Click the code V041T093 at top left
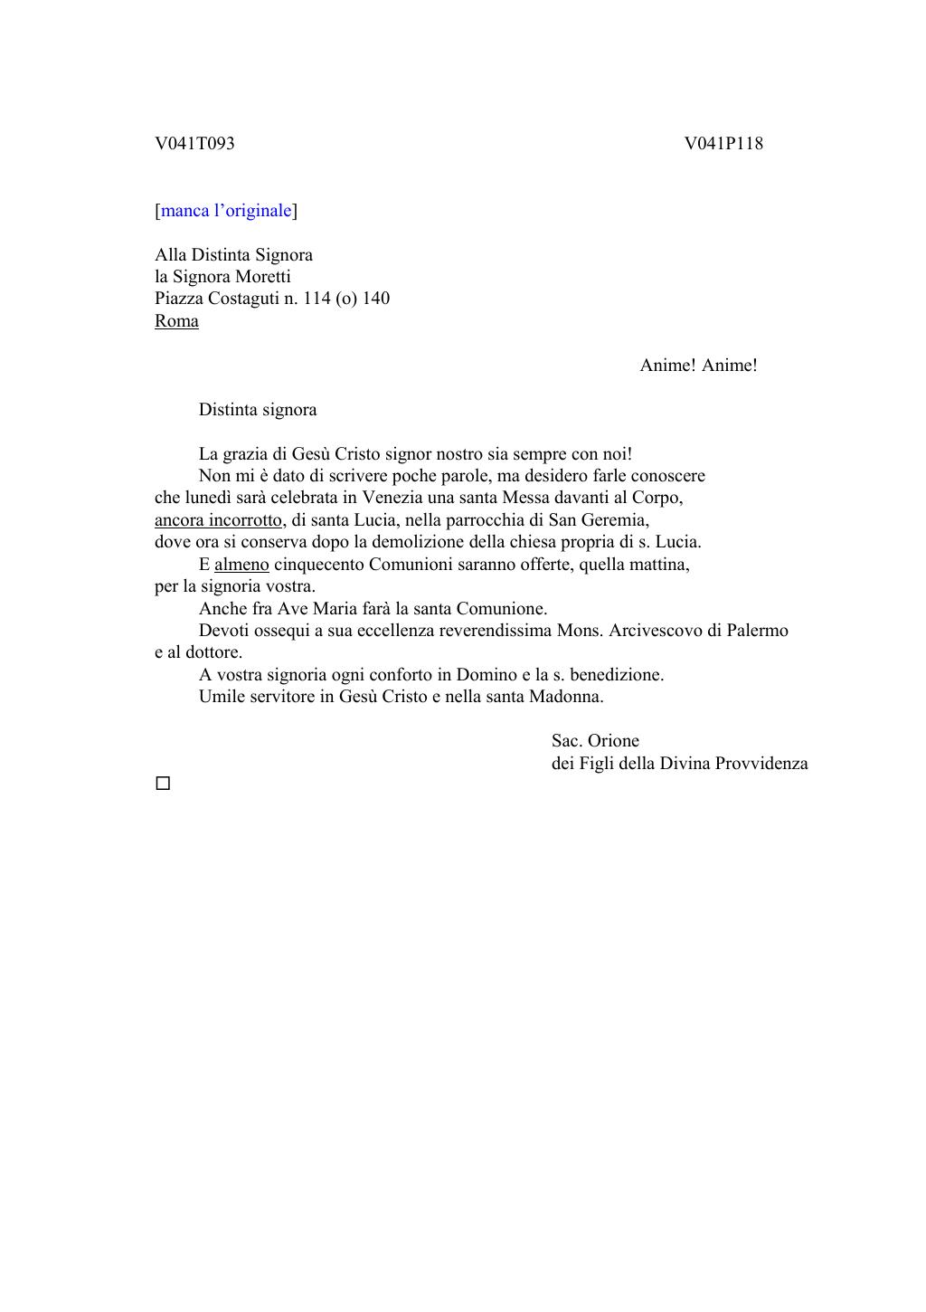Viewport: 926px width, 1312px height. tap(194, 144)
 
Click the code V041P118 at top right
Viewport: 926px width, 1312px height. tap(723, 144)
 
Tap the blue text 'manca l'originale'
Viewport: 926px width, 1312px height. tap(226, 211)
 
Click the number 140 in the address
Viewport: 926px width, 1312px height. tap(376, 299)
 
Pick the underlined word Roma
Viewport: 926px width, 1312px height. tap(176, 321)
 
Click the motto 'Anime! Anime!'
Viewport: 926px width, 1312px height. tap(698, 366)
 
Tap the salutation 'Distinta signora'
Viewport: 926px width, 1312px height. tap(258, 410)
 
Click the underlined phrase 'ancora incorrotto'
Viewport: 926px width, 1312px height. tap(219, 520)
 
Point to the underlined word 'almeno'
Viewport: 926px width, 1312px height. tap(241, 565)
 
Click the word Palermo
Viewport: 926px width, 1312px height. tap(757, 631)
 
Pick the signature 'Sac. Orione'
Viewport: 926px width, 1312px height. tap(595, 741)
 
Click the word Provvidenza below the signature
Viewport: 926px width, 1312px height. tap(761, 764)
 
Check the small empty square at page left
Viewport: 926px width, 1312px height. tap(163, 784)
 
